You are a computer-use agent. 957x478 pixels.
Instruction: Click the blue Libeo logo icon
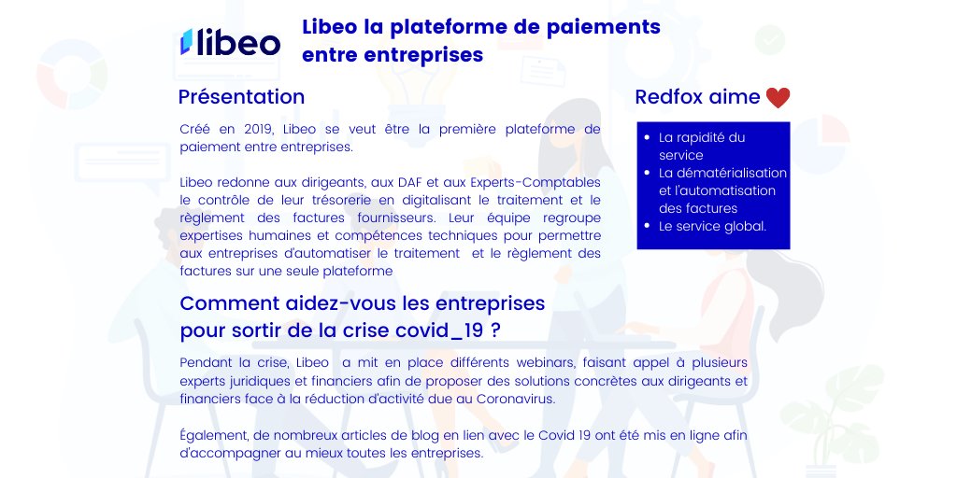[186, 41]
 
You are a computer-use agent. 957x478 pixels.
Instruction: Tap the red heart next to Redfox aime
[778, 97]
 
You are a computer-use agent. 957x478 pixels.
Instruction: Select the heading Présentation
[241, 97]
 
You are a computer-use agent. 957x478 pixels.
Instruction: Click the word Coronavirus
[520, 399]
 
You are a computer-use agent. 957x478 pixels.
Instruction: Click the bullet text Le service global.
[712, 226]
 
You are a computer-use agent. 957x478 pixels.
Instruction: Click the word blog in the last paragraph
[424, 436]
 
